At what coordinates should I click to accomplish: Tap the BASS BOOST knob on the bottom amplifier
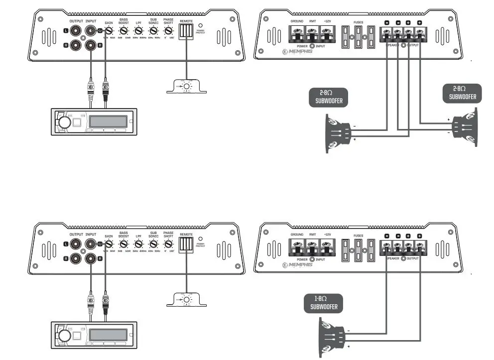click(x=123, y=244)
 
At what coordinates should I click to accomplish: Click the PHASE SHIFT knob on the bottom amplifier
click(x=168, y=244)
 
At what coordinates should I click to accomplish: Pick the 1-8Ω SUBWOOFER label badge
click(x=324, y=303)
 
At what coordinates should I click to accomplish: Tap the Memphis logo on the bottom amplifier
click(x=298, y=265)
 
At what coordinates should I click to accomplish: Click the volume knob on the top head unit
click(x=64, y=122)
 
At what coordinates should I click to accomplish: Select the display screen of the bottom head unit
click(x=107, y=333)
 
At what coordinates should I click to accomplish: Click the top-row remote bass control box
click(x=186, y=87)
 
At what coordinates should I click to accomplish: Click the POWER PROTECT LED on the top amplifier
click(x=200, y=24)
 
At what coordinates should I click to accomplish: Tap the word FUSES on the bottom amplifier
click(x=359, y=235)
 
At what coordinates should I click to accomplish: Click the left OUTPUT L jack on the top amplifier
click(x=76, y=31)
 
